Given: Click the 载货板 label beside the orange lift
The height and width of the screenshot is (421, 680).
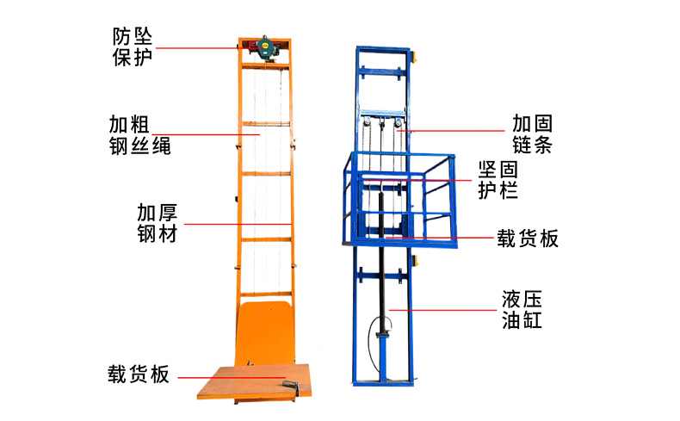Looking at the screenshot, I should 139,375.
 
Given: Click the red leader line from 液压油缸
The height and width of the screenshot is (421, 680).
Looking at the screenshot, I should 443,309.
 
